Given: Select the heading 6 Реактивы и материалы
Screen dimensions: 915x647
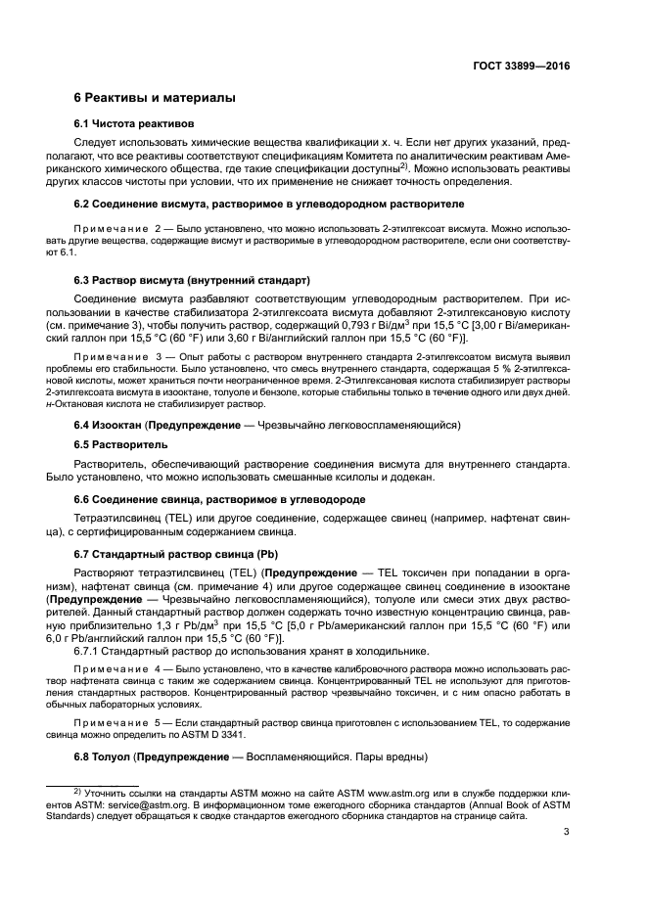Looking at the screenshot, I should pos(155,99).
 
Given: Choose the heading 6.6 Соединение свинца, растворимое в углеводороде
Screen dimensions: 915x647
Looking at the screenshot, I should pos(209,499).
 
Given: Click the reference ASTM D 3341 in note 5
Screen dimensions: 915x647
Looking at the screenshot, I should pos(299,734).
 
